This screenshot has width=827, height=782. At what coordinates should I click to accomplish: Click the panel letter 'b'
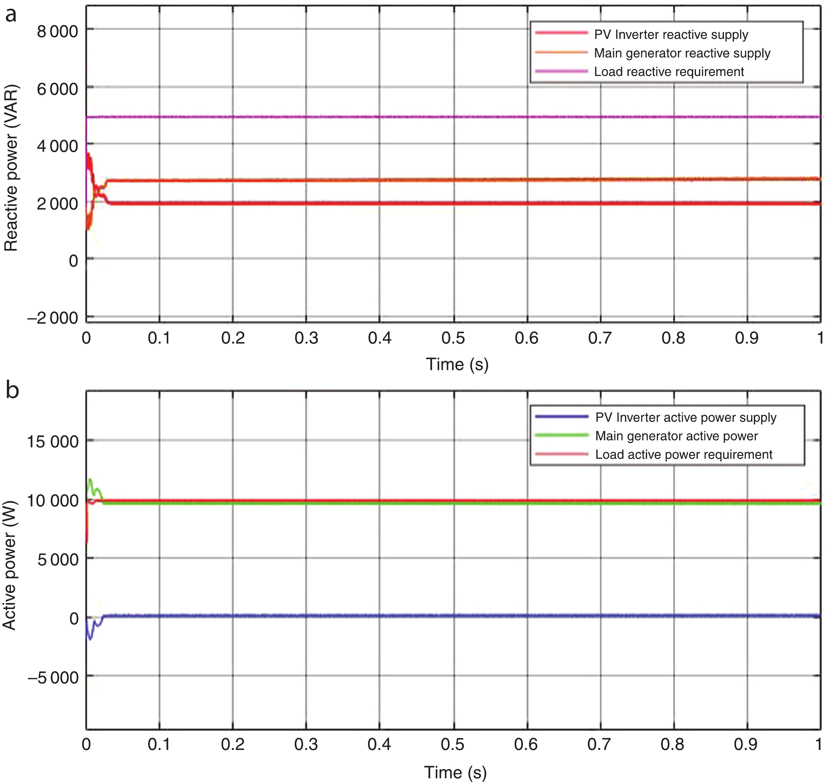coord(12,390)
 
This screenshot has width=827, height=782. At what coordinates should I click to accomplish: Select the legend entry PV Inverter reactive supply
coord(671,35)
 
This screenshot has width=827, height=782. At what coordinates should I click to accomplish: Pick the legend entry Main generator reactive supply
coord(682,53)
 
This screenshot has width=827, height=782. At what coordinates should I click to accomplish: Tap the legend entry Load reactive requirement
coord(669,72)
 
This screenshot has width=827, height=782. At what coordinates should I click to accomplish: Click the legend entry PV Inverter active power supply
coord(686,417)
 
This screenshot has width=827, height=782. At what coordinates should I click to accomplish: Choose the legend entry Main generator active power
coord(676,436)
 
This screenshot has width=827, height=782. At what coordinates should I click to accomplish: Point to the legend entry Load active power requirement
coord(684,454)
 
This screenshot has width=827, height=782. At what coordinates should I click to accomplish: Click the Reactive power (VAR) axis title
coord(11,168)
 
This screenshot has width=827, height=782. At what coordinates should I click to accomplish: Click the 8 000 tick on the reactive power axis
coord(58,31)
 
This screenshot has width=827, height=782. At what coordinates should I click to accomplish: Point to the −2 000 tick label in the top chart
coord(53,318)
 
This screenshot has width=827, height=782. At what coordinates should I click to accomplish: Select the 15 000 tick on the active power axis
coord(53,442)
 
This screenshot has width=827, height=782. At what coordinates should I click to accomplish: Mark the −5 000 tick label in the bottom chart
coord(53,678)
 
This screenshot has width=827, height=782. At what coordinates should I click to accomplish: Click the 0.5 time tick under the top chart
coord(453,338)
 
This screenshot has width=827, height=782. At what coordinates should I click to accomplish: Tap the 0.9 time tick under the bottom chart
coord(746,744)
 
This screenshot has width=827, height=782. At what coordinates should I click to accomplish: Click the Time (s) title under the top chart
coord(457,364)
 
